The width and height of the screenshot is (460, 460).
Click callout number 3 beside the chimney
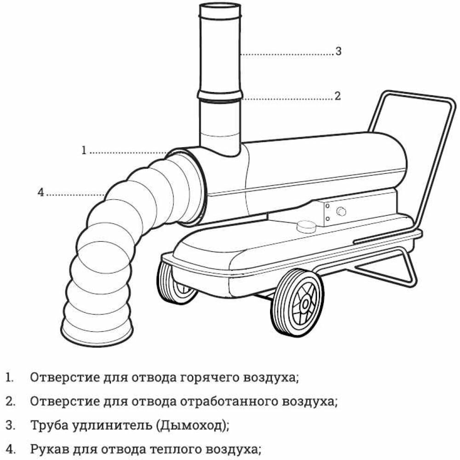pos(338,52)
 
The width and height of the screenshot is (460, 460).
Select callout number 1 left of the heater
pos(84,150)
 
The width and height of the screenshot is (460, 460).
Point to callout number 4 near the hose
pos(41,193)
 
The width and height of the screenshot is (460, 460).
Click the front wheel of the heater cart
pos(297,301)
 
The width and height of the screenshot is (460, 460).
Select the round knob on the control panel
pos(341,212)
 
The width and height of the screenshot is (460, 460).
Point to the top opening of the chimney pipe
pos(219,7)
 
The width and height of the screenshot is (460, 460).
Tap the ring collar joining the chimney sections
pos(219,95)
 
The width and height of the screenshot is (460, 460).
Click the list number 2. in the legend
pos(10,401)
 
